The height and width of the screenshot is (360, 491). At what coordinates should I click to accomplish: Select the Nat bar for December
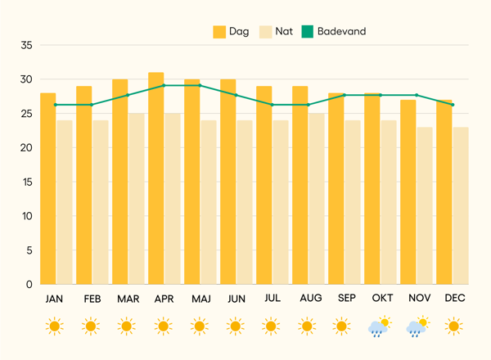[x=461, y=205]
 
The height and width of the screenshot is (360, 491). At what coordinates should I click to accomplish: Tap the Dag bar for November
[x=408, y=191]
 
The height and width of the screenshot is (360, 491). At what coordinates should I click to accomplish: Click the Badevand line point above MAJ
[x=200, y=85]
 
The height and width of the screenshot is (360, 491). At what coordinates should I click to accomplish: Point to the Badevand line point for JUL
[x=272, y=105]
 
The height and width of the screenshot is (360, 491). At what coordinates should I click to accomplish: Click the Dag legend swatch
[x=219, y=32]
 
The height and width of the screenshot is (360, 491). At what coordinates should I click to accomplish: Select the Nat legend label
[x=284, y=32]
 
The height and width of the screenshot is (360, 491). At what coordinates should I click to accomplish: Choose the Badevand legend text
[x=341, y=32]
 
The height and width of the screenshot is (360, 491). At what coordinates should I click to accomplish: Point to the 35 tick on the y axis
[x=27, y=46]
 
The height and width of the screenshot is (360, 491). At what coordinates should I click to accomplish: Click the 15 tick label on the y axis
[x=27, y=182]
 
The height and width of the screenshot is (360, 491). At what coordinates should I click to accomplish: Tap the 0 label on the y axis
[x=29, y=284]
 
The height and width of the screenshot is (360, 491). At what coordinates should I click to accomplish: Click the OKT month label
[x=381, y=299]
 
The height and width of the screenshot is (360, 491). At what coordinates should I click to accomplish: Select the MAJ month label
[x=200, y=299]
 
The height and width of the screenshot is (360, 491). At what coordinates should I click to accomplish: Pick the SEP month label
[x=345, y=299]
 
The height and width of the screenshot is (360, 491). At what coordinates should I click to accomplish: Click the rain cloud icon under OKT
[x=380, y=327]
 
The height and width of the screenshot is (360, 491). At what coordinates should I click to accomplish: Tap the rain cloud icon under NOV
[x=417, y=327]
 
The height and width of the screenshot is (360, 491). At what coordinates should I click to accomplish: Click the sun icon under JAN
[x=55, y=327]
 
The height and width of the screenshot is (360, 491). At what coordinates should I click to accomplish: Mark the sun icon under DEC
[x=453, y=327]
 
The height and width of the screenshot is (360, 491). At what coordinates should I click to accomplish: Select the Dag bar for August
[x=300, y=185]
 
